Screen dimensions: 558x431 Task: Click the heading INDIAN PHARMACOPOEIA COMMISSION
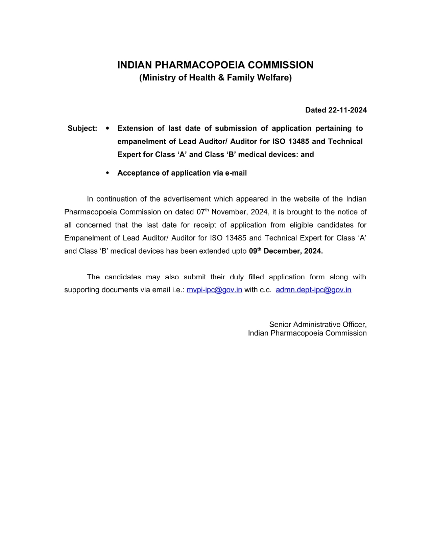215,65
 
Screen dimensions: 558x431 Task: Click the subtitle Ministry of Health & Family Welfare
215,77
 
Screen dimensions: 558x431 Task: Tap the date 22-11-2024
348,110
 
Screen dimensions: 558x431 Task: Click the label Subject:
82,128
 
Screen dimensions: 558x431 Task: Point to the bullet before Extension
107,128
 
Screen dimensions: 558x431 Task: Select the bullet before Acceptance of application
107,173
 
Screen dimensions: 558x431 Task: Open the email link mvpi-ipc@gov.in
214,290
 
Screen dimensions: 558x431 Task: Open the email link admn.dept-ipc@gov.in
313,290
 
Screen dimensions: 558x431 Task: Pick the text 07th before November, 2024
202,212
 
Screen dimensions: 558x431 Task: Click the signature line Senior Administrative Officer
317,324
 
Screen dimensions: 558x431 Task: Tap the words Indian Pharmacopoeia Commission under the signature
307,333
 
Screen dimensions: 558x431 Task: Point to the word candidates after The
123,277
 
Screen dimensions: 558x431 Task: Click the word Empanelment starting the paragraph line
88,238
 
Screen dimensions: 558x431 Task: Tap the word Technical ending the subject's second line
345,141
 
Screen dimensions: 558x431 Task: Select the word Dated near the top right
315,110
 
